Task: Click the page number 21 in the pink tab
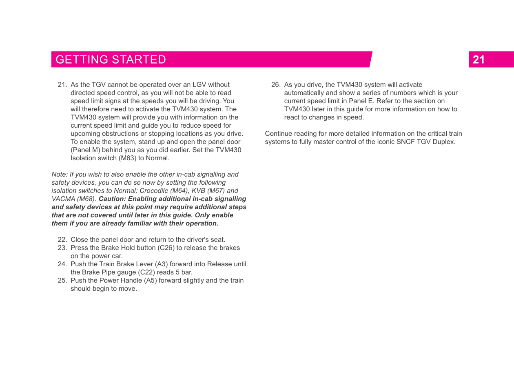click(479, 60)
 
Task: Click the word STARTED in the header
click(139, 60)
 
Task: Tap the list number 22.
click(62, 239)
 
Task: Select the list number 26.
click(276, 84)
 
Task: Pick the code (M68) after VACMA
click(87, 199)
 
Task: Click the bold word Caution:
click(113, 199)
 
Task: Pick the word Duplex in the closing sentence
click(444, 142)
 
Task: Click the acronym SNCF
click(405, 142)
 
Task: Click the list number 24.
click(62, 264)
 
